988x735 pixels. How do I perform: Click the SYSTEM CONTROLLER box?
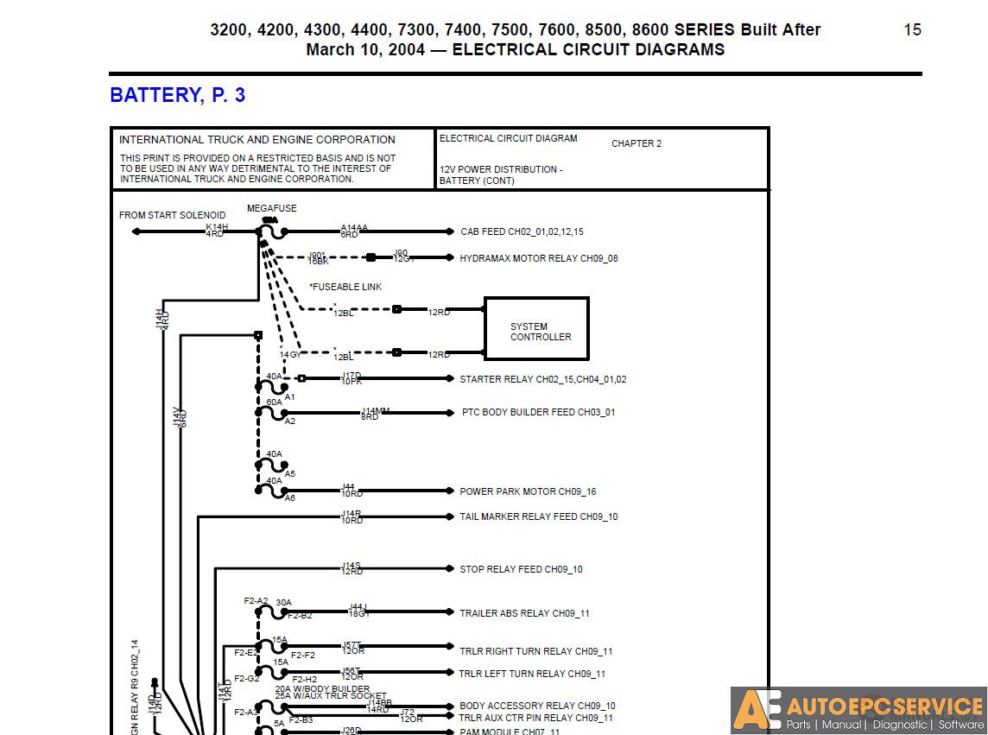pos(536,329)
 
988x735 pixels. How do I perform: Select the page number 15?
pos(912,30)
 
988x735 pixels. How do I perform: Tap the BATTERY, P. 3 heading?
pos(177,95)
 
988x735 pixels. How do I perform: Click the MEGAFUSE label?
pos(271,209)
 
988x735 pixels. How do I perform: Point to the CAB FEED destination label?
pos(522,231)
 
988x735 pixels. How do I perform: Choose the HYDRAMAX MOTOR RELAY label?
pos(539,258)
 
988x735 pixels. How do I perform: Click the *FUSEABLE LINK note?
pos(345,287)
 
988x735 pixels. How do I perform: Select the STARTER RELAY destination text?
pos(543,379)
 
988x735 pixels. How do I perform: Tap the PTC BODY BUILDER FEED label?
pos(538,413)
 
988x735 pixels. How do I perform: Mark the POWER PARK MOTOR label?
pos(528,491)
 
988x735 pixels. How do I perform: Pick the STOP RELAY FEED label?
pos(521,569)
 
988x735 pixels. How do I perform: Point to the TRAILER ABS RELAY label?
pos(524,613)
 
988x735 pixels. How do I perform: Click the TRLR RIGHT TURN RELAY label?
pos(535,651)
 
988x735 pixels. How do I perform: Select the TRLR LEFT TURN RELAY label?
pos(532,674)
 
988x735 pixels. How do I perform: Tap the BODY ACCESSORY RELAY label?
pos(537,706)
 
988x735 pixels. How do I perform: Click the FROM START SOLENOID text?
pos(172,215)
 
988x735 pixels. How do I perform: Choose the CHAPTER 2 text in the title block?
pos(636,143)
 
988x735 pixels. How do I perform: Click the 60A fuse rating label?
pos(274,402)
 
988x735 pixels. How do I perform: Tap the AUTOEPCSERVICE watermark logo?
pos(858,710)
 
